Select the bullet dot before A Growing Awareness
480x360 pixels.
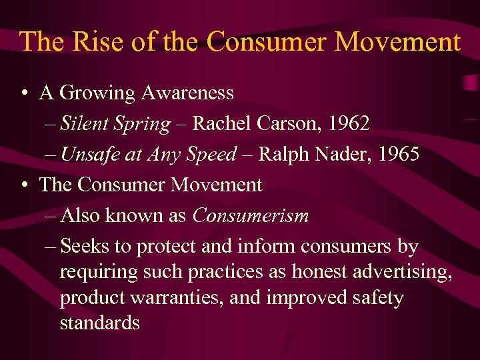tap(23, 93)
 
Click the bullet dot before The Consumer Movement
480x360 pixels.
tap(23, 185)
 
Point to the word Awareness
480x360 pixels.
tap(187, 93)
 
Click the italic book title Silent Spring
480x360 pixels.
tap(115, 124)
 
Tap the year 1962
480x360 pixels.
tap(348, 124)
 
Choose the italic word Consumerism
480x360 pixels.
tap(251, 216)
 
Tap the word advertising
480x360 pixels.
tap(406, 272)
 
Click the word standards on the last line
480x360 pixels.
tap(99, 323)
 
